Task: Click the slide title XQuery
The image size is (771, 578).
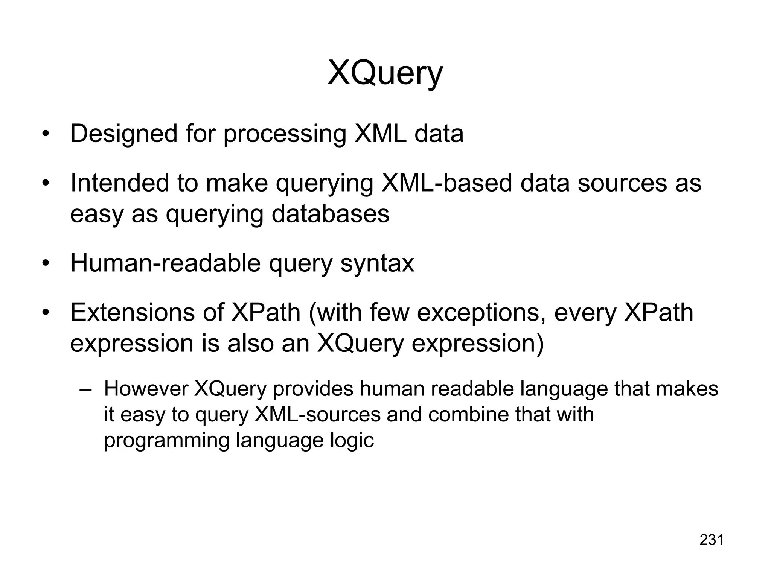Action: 385,73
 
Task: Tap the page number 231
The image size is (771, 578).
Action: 712,540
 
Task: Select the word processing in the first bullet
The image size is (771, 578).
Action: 285,134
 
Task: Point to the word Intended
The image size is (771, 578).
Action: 119,183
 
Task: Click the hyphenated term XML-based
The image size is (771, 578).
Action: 446,183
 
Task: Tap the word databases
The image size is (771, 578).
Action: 330,214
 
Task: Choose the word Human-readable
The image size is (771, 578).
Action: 165,263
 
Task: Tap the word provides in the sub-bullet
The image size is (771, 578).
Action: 313,389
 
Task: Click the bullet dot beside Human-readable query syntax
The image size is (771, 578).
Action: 46,264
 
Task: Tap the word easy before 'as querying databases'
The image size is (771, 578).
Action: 97,214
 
